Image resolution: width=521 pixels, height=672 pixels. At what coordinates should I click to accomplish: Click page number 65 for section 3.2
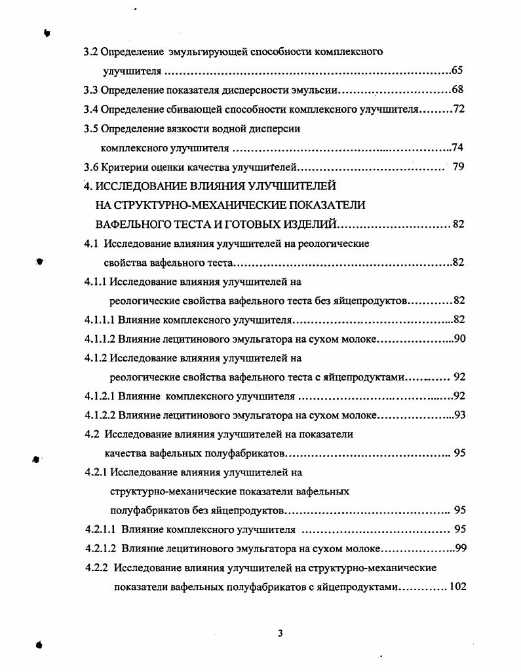pos(457,70)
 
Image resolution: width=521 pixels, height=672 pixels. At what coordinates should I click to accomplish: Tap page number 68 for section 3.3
pos(457,89)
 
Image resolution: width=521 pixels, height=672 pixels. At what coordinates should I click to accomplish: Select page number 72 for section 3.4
pos(459,108)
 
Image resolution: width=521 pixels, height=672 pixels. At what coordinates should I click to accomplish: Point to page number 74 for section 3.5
pos(457,147)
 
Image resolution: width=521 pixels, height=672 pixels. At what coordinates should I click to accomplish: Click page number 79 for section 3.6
pos(459,166)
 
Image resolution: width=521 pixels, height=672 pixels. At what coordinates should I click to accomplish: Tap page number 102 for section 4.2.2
pos(457,586)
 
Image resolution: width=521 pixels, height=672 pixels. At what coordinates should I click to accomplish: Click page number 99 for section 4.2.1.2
pos(460,548)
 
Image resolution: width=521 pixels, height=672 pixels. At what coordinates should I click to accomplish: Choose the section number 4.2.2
pos(98,567)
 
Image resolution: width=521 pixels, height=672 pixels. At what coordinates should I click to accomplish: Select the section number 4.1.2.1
pos(100,396)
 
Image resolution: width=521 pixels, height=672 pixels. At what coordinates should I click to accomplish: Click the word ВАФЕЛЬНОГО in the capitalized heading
pos(130,224)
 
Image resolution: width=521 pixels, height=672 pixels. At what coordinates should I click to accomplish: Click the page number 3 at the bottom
pos(280,633)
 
